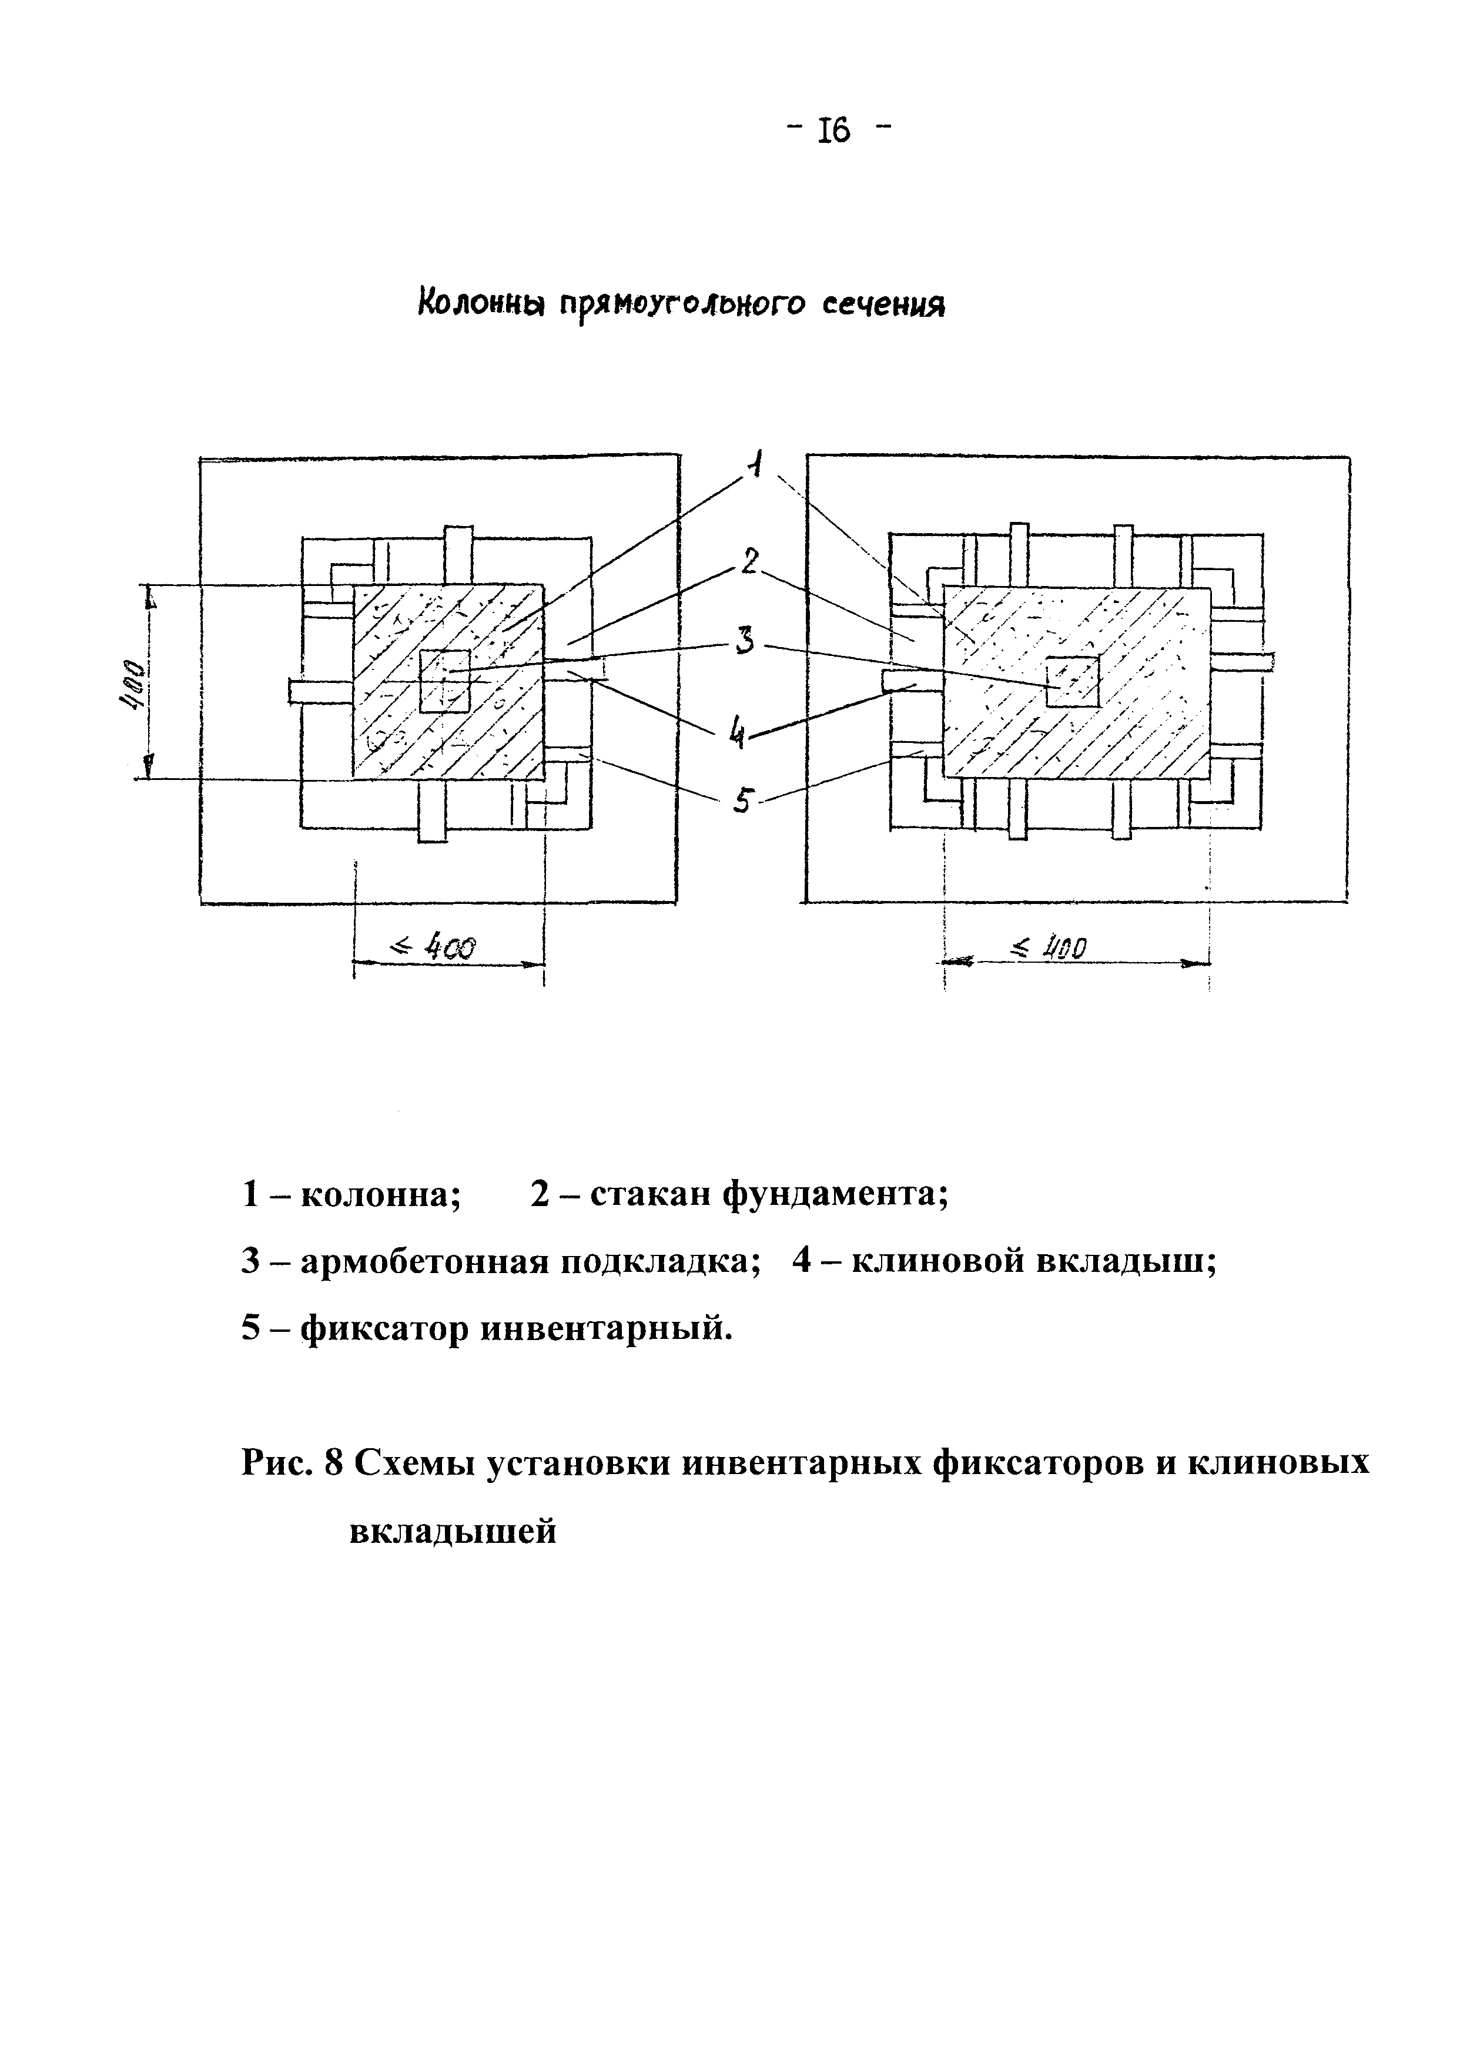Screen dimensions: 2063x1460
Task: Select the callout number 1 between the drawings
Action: click(758, 465)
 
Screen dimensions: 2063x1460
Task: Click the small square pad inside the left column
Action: click(445, 681)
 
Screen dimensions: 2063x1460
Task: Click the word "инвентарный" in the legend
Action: click(601, 1328)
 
